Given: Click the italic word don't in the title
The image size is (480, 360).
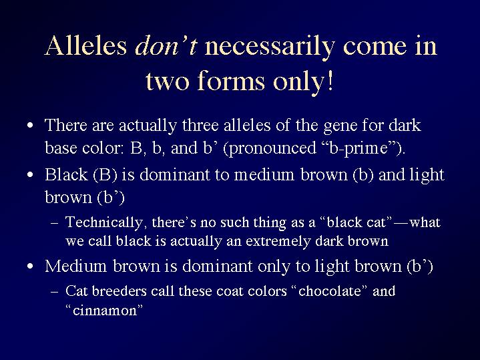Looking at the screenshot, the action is [x=166, y=45].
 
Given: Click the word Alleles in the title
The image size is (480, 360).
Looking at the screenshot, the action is [x=85, y=45].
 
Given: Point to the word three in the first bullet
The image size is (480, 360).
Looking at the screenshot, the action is [x=200, y=125].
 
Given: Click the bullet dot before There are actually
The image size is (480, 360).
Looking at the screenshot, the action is [x=30, y=126].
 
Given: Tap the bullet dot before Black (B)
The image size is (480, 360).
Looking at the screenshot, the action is [x=30, y=175].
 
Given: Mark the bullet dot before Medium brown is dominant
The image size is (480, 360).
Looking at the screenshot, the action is [x=30, y=266].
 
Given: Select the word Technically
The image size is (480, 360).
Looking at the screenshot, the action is [x=104, y=222].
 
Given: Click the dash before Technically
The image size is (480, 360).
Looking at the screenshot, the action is [x=55, y=223].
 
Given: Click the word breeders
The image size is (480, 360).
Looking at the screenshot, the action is [x=119, y=291].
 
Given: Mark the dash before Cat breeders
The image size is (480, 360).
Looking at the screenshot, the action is [x=55, y=292].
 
